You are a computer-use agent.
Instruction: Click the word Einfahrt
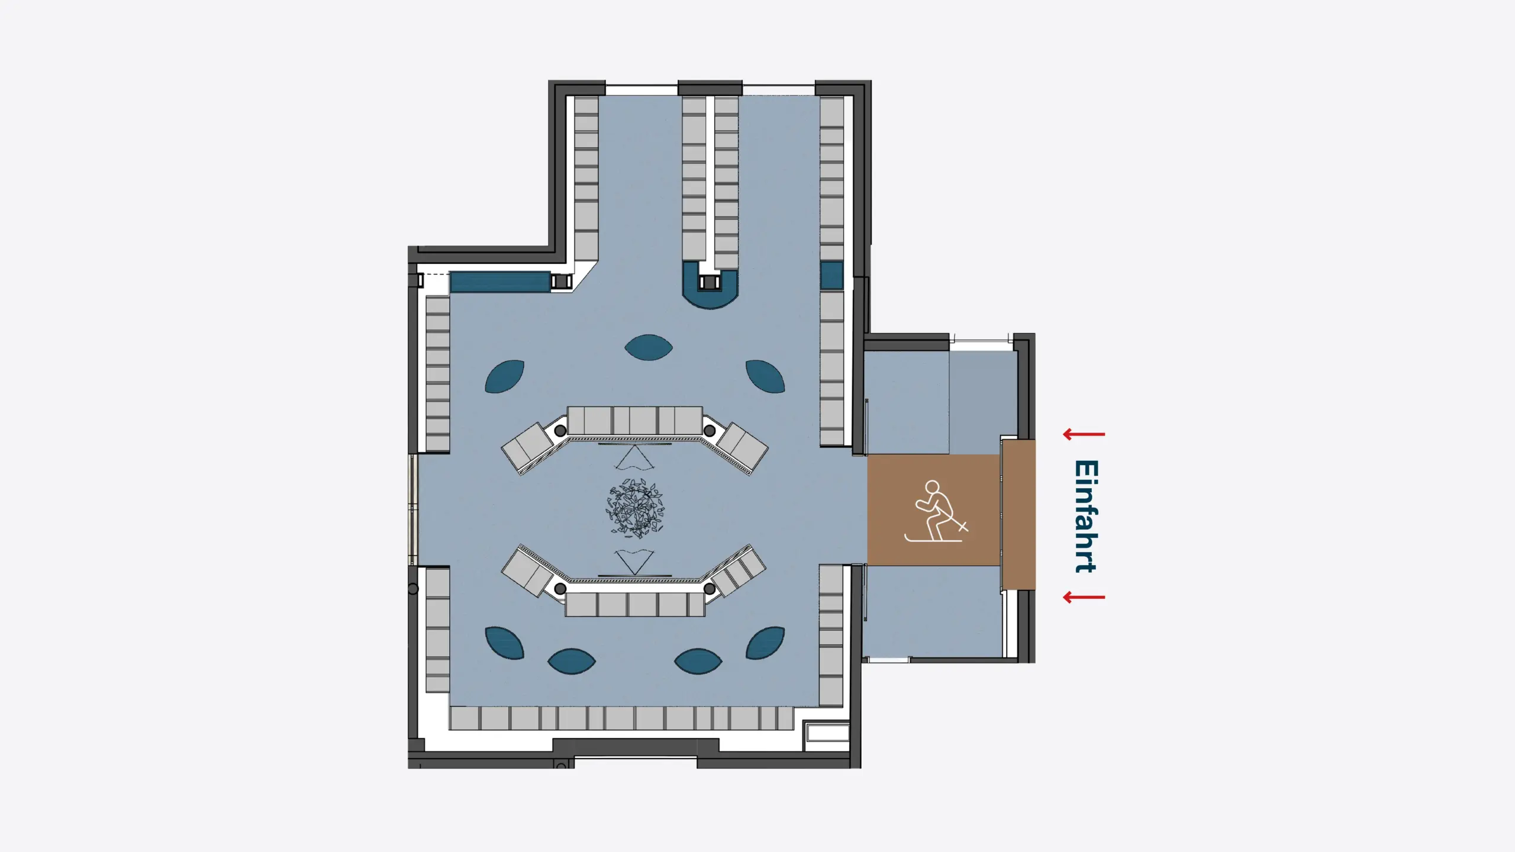coord(1087,516)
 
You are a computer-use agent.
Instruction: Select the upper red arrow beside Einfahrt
coord(1084,434)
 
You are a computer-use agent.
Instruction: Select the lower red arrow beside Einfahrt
coord(1084,597)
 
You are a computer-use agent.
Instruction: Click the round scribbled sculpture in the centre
coord(634,509)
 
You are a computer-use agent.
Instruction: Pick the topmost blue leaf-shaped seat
coord(649,347)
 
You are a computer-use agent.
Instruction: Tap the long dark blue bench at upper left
coord(500,282)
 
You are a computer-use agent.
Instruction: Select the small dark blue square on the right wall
coord(831,275)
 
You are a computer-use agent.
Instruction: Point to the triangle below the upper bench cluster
coord(634,457)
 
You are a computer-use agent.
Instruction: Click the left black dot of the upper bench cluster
coord(560,431)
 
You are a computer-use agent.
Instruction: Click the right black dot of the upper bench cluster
coord(709,431)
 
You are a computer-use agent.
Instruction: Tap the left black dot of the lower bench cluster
coord(560,589)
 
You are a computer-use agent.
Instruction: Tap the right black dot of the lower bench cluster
coord(709,589)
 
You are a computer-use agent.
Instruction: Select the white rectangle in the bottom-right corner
coord(827,733)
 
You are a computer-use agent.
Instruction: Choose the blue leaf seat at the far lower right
coord(765,643)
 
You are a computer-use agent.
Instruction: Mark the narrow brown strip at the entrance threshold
coord(1018,514)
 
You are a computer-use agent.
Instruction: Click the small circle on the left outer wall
coord(413,589)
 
